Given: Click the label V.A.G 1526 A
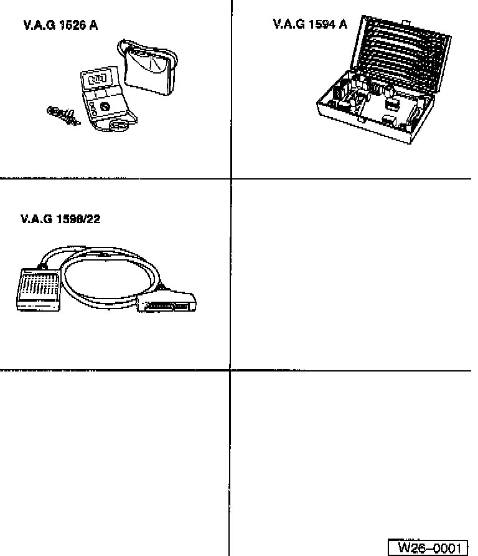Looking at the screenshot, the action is pos(60,26).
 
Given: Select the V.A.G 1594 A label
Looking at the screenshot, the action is pos(310,24).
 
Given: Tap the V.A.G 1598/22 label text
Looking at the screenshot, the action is pos(60,219).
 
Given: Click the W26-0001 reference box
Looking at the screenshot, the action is pos(428,548).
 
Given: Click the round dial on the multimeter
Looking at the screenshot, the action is pos(105,107).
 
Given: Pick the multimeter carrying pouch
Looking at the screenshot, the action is pos(149,70).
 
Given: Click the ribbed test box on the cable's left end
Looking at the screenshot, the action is pos(38,288).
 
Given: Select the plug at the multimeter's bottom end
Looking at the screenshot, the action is pos(116,126).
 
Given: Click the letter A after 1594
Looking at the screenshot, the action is pos(343,24).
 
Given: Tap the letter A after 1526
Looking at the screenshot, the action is pos(93,26).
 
